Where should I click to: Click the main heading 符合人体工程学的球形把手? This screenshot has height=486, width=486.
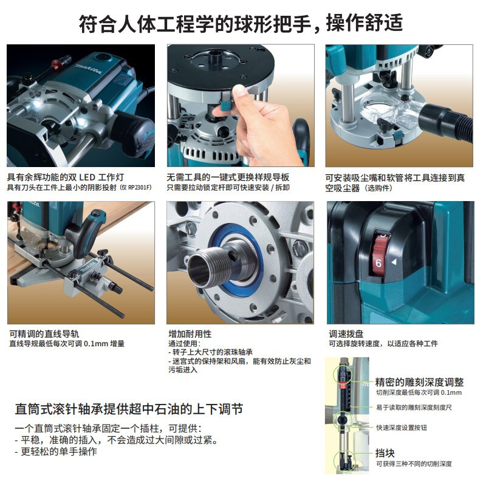click(195, 24)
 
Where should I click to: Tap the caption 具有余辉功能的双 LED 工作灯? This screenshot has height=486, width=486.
click(66, 177)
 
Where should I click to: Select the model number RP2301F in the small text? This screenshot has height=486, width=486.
click(139, 188)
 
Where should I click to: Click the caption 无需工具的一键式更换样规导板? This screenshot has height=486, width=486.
click(228, 177)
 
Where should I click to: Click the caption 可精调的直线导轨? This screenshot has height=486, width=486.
click(44, 334)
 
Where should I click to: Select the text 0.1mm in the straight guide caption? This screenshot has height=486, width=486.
click(96, 344)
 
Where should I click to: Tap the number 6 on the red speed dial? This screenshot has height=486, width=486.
click(378, 263)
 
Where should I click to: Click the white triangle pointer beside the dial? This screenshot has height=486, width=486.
click(394, 262)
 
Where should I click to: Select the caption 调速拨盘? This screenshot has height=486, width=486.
click(346, 334)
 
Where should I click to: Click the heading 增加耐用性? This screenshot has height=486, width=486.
click(190, 334)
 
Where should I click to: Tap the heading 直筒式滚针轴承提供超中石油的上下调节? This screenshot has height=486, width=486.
click(129, 409)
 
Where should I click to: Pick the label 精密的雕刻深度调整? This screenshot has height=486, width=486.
click(419, 382)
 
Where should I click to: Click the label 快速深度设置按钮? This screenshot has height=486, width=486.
click(402, 428)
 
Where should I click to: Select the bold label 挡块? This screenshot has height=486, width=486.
click(385, 453)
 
